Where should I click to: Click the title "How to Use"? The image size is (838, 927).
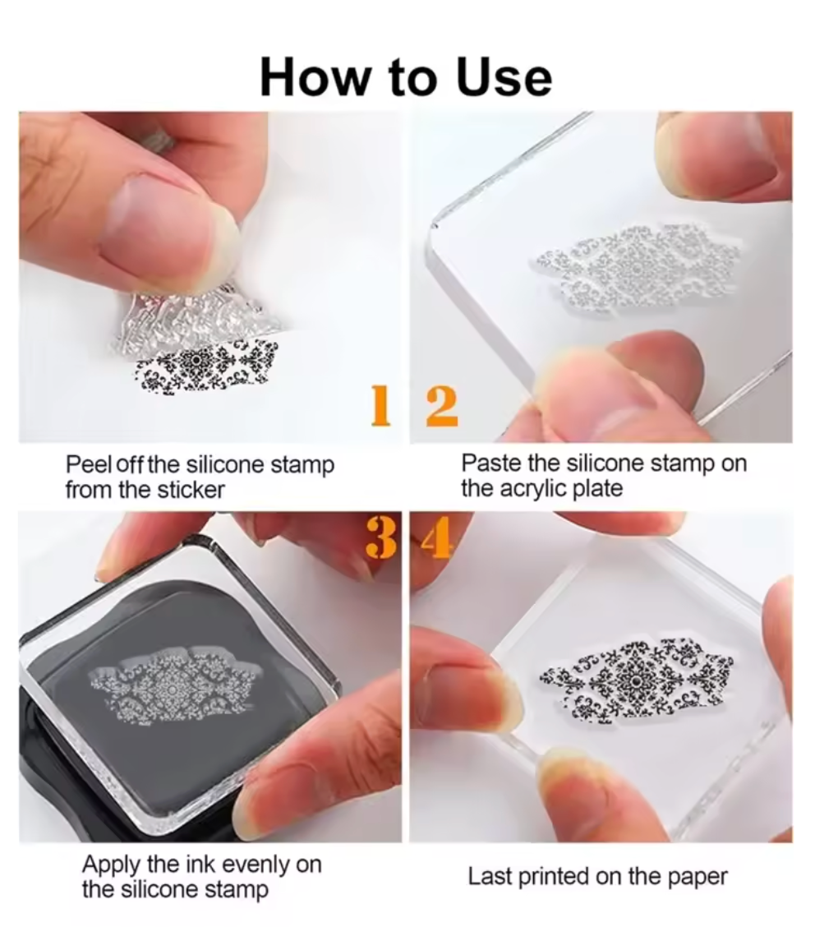coord(407,77)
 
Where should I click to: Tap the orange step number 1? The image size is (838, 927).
coord(381,405)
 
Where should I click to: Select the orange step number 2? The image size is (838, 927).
coord(442,406)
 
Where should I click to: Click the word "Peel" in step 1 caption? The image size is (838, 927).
coord(90,464)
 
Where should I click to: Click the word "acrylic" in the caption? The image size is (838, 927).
coord(535,489)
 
